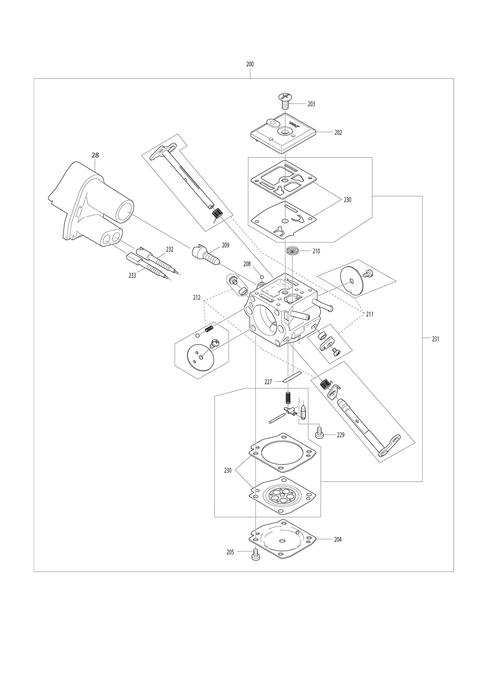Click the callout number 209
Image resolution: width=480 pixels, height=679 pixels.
click(225, 245)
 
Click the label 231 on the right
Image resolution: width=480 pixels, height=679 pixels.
click(435, 339)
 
